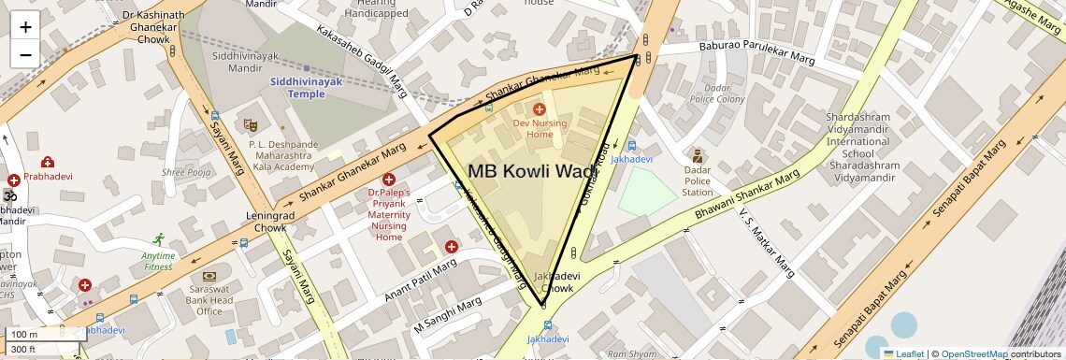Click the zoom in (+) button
pyautogui.click(x=25, y=27)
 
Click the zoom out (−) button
pyautogui.click(x=25, y=54)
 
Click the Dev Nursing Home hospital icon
pyautogui.click(x=540, y=110)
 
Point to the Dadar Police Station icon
pyautogui.click(x=697, y=155)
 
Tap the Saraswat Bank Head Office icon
pyautogui.click(x=209, y=276)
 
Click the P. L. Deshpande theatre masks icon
pyautogui.click(x=250, y=124)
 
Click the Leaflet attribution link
pyautogui.click(x=903, y=353)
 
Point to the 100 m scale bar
pyautogui.click(x=37, y=334)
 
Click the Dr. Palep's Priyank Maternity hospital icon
pyautogui.click(x=389, y=179)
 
